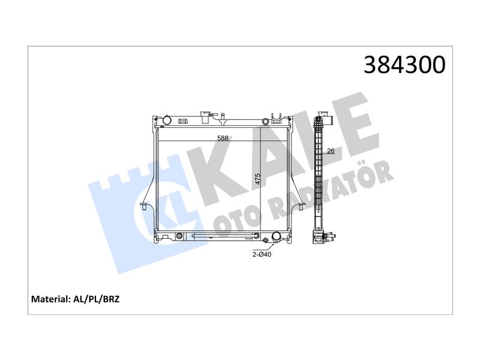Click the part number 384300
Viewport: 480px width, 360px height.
pyautogui.click(x=404, y=65)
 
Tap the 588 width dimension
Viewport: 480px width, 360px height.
pyautogui.click(x=223, y=138)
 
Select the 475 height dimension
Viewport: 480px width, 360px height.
pyautogui.click(x=258, y=179)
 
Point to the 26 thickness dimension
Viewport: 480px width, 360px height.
pyautogui.click(x=331, y=151)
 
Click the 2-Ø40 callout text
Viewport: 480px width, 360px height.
pyautogui.click(x=262, y=254)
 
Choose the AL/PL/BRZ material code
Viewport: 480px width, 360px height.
pyautogui.click(x=96, y=299)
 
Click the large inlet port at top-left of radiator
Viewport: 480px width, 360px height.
pyautogui.click(x=167, y=119)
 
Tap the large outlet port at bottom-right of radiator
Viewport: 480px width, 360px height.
pyautogui.click(x=276, y=236)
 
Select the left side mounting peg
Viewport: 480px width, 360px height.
pyautogui.click(x=143, y=206)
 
